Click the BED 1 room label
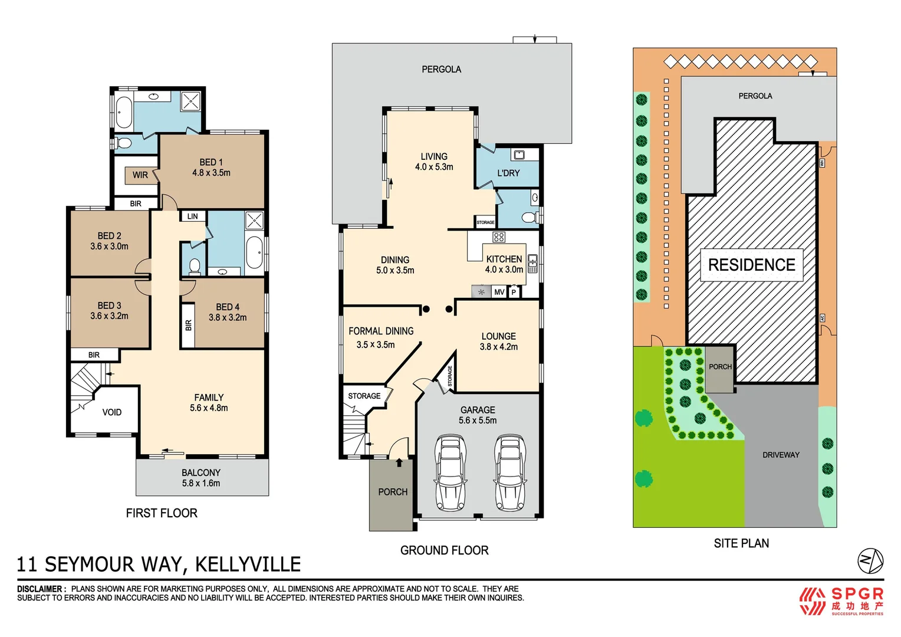point(211,163)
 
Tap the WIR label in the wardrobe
point(140,175)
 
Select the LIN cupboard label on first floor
point(193,216)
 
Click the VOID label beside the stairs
point(112,412)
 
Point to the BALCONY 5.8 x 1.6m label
point(201,478)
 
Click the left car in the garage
point(450,472)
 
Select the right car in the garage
point(509,472)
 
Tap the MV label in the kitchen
point(499,292)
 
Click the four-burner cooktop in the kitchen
point(499,237)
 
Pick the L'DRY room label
point(508,173)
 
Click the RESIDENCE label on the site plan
point(752,265)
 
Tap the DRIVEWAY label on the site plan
point(781,455)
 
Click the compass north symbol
point(870,560)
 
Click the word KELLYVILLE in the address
point(248,564)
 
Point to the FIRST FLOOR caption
point(162,513)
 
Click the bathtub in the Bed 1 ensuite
point(124,112)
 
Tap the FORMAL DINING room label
point(381,331)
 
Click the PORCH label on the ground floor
point(393,492)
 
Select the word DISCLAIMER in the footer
point(40,589)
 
